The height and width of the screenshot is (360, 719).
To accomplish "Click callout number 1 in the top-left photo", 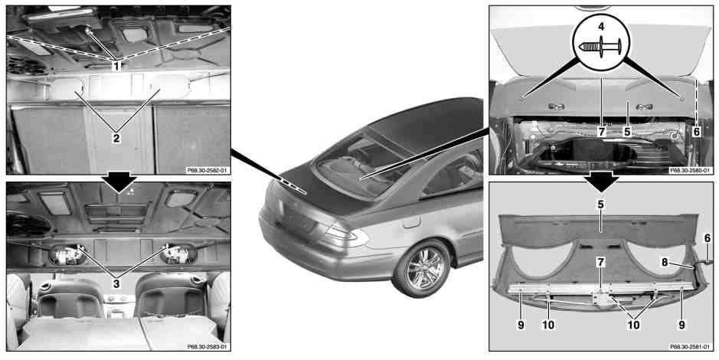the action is tap(116, 66).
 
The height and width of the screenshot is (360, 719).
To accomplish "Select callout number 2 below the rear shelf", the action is tap(116, 138).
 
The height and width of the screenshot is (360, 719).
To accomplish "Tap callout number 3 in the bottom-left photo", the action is tap(116, 284).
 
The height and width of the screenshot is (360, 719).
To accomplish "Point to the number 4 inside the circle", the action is tap(600, 27).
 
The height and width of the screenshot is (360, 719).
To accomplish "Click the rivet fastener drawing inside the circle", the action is tap(600, 46).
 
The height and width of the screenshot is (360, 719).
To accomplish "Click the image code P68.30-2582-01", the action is tap(208, 170).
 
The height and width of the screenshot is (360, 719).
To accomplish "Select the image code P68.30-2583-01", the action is tap(208, 347).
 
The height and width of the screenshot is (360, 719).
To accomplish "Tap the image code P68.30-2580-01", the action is tap(691, 170).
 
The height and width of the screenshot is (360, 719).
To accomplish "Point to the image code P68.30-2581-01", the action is tap(691, 347).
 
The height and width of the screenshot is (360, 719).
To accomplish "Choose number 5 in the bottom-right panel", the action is tap(600, 205).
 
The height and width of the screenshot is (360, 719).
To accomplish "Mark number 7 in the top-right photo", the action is tap(600, 132).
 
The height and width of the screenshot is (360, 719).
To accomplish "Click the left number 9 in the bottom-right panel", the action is tap(521, 325).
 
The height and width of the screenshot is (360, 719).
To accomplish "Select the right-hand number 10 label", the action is tap(632, 325).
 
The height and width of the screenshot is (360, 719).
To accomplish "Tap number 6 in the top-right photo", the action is tap(697, 132).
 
